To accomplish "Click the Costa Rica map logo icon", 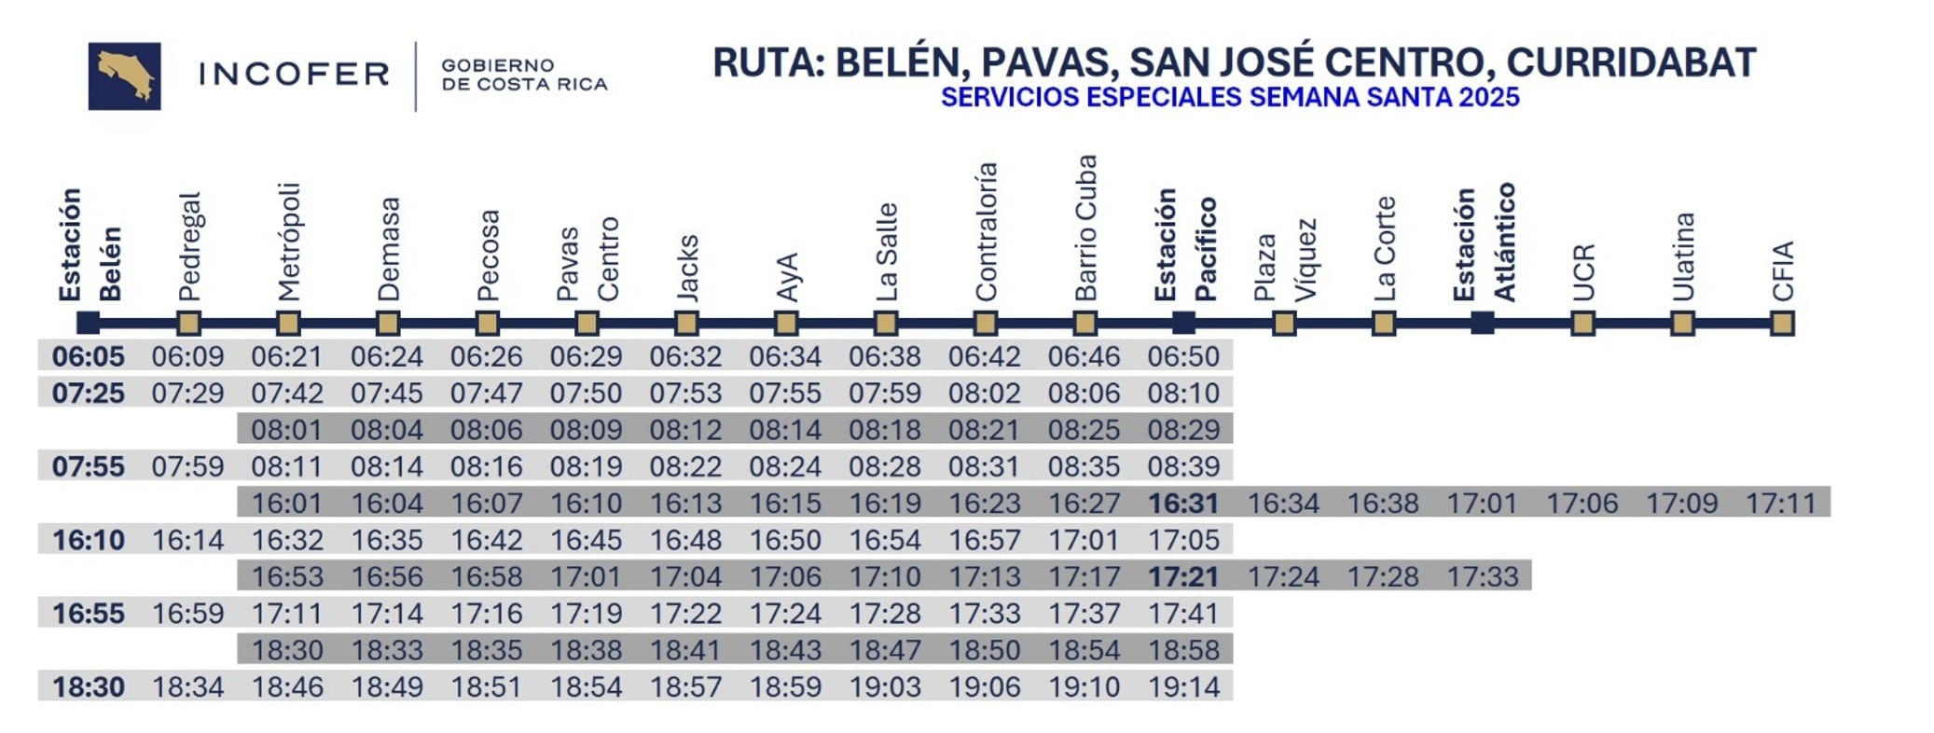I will click(124, 76).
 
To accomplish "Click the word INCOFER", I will click(294, 75).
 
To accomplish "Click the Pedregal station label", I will click(188, 247).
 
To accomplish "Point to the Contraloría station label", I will click(986, 232).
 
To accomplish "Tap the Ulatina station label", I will click(1682, 256).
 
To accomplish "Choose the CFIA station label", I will click(1782, 270).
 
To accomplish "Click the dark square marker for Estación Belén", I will click(88, 323).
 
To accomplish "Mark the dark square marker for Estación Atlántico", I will click(1483, 323).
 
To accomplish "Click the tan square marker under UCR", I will click(1582, 323).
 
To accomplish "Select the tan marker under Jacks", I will click(686, 323).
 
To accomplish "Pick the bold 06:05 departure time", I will click(88, 356).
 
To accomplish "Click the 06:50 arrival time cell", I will click(1183, 356).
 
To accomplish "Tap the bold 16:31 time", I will click(1183, 504).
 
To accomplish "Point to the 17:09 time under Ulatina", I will click(1681, 504).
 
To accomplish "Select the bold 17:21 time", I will click(1183, 577).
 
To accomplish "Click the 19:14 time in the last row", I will click(1183, 687).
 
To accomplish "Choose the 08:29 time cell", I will click(1183, 430).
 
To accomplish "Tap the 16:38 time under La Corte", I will click(1383, 504).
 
